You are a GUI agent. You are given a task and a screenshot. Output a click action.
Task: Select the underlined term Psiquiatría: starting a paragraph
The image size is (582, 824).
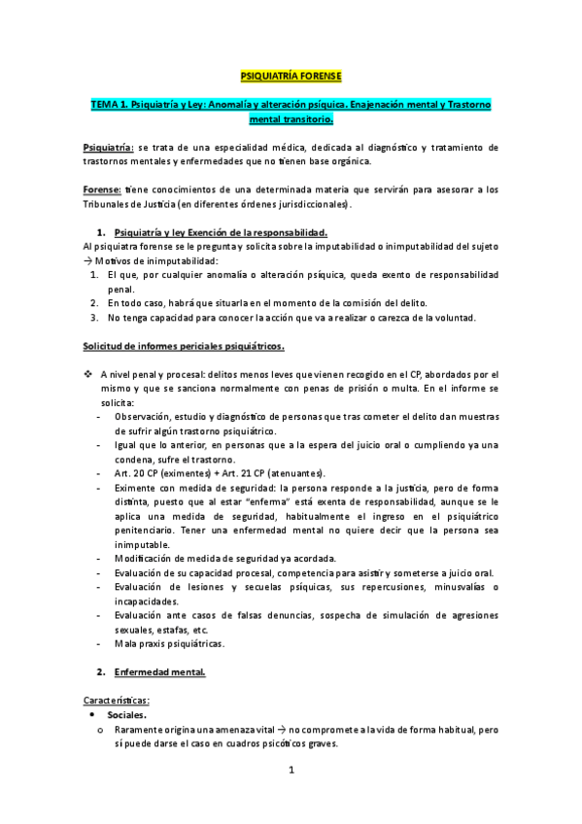[x=108, y=146]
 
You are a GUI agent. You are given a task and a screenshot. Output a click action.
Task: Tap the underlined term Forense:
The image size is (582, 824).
[x=102, y=189]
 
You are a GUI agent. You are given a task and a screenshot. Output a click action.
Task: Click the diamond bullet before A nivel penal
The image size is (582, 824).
[x=88, y=374]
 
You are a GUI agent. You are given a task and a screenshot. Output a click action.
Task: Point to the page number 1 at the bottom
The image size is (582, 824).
[x=291, y=771]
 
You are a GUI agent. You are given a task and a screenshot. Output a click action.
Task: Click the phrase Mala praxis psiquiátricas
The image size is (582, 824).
[x=168, y=643]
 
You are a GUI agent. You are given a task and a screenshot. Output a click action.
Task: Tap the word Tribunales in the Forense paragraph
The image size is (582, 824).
[x=111, y=204]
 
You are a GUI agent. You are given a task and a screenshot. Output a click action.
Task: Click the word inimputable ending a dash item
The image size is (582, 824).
[x=142, y=544]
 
